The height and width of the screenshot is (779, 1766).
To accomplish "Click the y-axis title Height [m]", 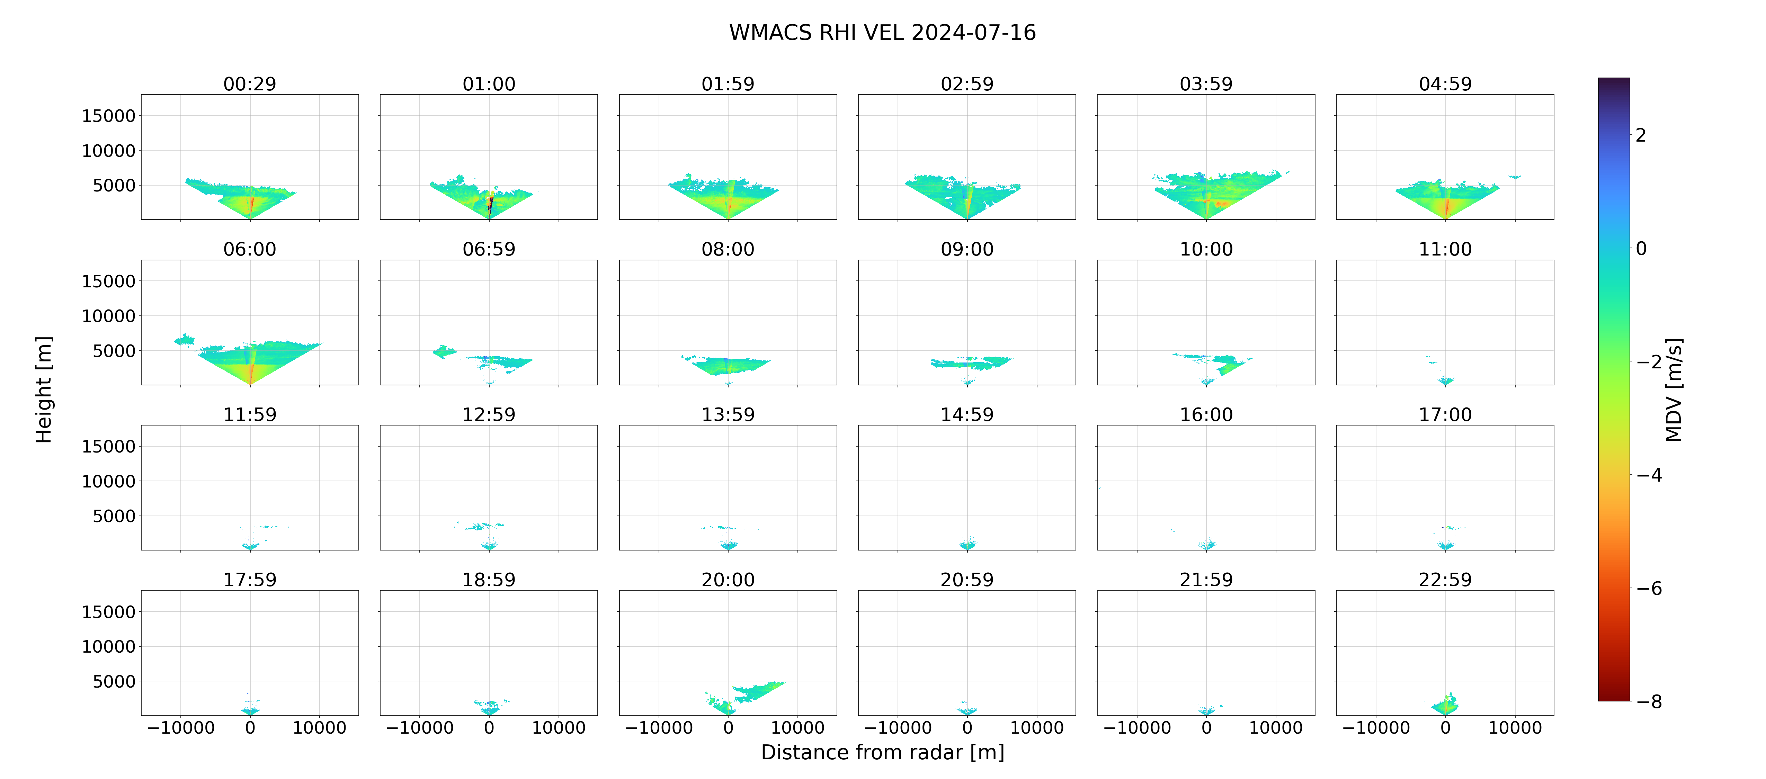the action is [43, 389].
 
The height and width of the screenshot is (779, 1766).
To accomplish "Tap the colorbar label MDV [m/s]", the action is [1674, 389].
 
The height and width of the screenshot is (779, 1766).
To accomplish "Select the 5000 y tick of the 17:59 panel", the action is [114, 682].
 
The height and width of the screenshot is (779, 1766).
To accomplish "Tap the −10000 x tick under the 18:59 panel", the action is [420, 728].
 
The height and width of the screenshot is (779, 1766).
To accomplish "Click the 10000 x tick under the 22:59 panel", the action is [1515, 728].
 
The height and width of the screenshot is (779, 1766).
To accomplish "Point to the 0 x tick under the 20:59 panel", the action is [967, 728].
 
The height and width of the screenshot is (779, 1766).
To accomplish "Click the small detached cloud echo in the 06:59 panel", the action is [444, 352].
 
